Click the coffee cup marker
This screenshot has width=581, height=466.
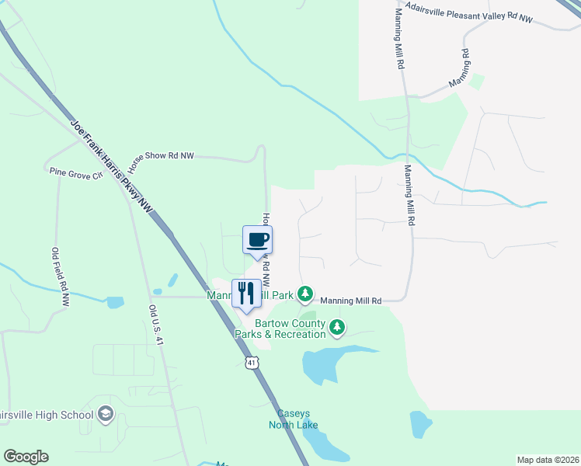point(258,239)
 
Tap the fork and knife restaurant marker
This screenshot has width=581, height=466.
point(246,293)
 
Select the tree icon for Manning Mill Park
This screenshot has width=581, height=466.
point(306,294)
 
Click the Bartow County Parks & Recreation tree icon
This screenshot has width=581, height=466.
point(337,328)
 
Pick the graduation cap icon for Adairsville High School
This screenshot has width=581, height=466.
point(105,416)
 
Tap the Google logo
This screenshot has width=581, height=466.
point(26,457)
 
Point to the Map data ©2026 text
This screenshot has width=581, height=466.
point(548,460)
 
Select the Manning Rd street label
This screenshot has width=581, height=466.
point(458,68)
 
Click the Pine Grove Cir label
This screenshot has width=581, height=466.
point(75,173)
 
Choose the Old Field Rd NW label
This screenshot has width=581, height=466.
point(60,276)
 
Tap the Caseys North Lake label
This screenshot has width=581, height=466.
point(293,419)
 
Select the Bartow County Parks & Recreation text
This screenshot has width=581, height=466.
point(280,329)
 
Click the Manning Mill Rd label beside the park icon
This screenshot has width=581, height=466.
point(351,301)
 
